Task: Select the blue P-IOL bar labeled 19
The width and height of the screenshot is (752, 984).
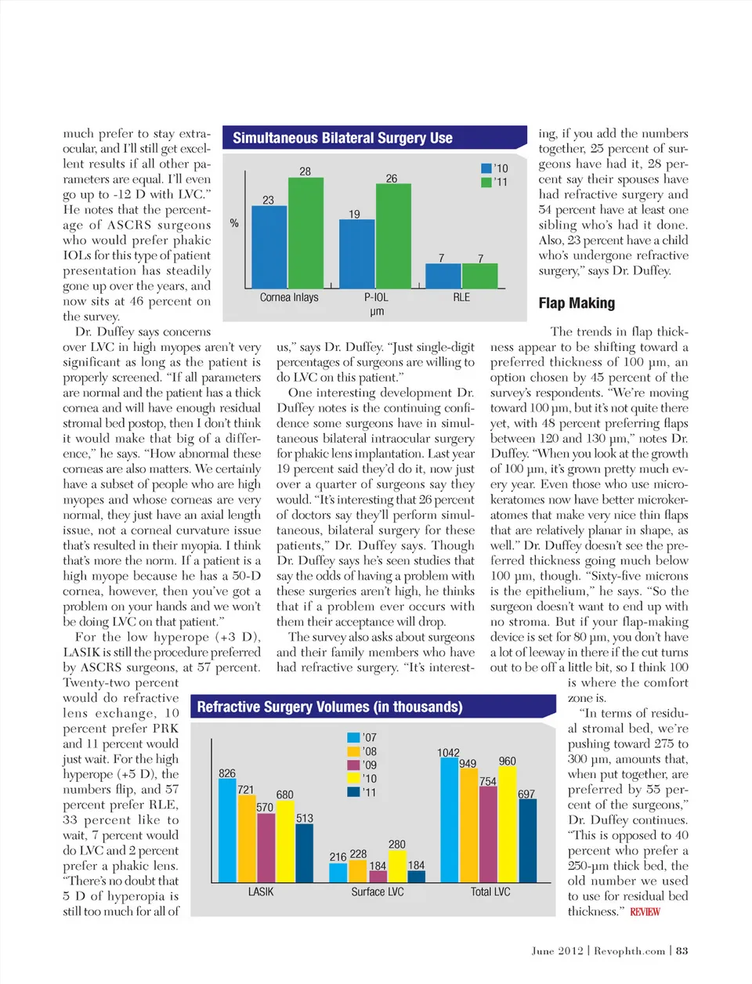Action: click(x=357, y=255)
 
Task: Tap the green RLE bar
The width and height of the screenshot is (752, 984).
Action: click(x=480, y=277)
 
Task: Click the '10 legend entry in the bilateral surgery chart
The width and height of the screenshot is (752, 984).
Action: click(x=494, y=168)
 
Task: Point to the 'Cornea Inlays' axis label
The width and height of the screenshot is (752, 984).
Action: click(x=289, y=298)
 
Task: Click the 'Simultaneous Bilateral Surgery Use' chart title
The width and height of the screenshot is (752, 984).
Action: click(x=342, y=138)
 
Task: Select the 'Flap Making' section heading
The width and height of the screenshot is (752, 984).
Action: click(x=577, y=303)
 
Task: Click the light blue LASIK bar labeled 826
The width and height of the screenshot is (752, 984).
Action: click(x=227, y=831)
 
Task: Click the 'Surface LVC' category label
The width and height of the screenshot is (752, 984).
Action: click(x=378, y=892)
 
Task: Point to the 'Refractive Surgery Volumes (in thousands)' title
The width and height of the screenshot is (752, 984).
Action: click(x=330, y=707)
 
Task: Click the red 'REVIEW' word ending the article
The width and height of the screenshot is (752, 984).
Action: click(x=645, y=912)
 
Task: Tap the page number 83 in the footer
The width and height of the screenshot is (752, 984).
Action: click(x=682, y=950)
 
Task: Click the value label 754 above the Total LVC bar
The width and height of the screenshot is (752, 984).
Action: click(x=487, y=781)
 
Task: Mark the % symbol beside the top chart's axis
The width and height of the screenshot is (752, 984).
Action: click(x=234, y=223)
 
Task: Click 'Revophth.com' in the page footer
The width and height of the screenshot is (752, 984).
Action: click(x=629, y=950)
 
